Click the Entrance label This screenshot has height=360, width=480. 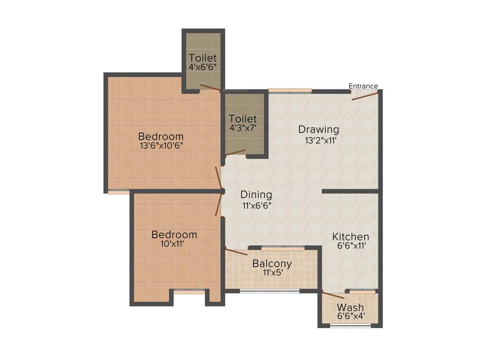click(x=363, y=86)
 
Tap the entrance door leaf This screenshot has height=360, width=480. click(x=365, y=96)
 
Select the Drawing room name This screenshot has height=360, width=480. click(x=319, y=129)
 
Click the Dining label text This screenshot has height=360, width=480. click(x=256, y=195)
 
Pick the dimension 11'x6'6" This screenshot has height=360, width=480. click(x=257, y=205)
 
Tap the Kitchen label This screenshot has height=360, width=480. click(x=351, y=237)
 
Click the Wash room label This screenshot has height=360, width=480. click(x=351, y=307)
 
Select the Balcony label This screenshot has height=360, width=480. click(x=272, y=263)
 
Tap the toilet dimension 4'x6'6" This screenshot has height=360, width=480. click(x=203, y=67)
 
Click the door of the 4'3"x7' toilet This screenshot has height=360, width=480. click(x=235, y=153)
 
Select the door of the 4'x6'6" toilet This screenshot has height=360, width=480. click(x=210, y=87)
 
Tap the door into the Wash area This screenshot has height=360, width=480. click(x=333, y=295)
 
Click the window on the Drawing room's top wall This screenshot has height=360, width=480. click(x=290, y=90)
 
